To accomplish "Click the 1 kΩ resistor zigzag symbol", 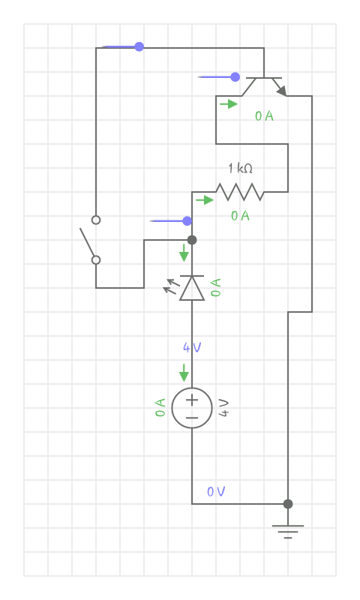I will [240, 192].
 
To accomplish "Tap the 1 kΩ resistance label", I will [240, 169].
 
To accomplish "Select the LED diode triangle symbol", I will [192, 288].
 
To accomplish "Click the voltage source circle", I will [192, 408].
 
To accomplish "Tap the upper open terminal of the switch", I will [96, 220].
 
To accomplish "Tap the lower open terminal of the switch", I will [96, 260].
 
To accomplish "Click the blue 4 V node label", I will [192, 347].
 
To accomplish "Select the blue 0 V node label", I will [216, 491].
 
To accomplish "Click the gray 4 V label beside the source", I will [223, 408].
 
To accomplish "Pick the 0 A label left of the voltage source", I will [160, 408].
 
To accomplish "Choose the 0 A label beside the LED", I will [216, 287].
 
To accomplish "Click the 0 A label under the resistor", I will [240, 216].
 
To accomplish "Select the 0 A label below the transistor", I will [264, 116].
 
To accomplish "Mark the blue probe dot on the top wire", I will [139, 46].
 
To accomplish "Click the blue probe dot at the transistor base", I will [235, 76].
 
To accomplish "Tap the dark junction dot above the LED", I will [192, 240].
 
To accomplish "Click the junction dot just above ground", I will [288, 504].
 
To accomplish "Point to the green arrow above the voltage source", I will [184, 372].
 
